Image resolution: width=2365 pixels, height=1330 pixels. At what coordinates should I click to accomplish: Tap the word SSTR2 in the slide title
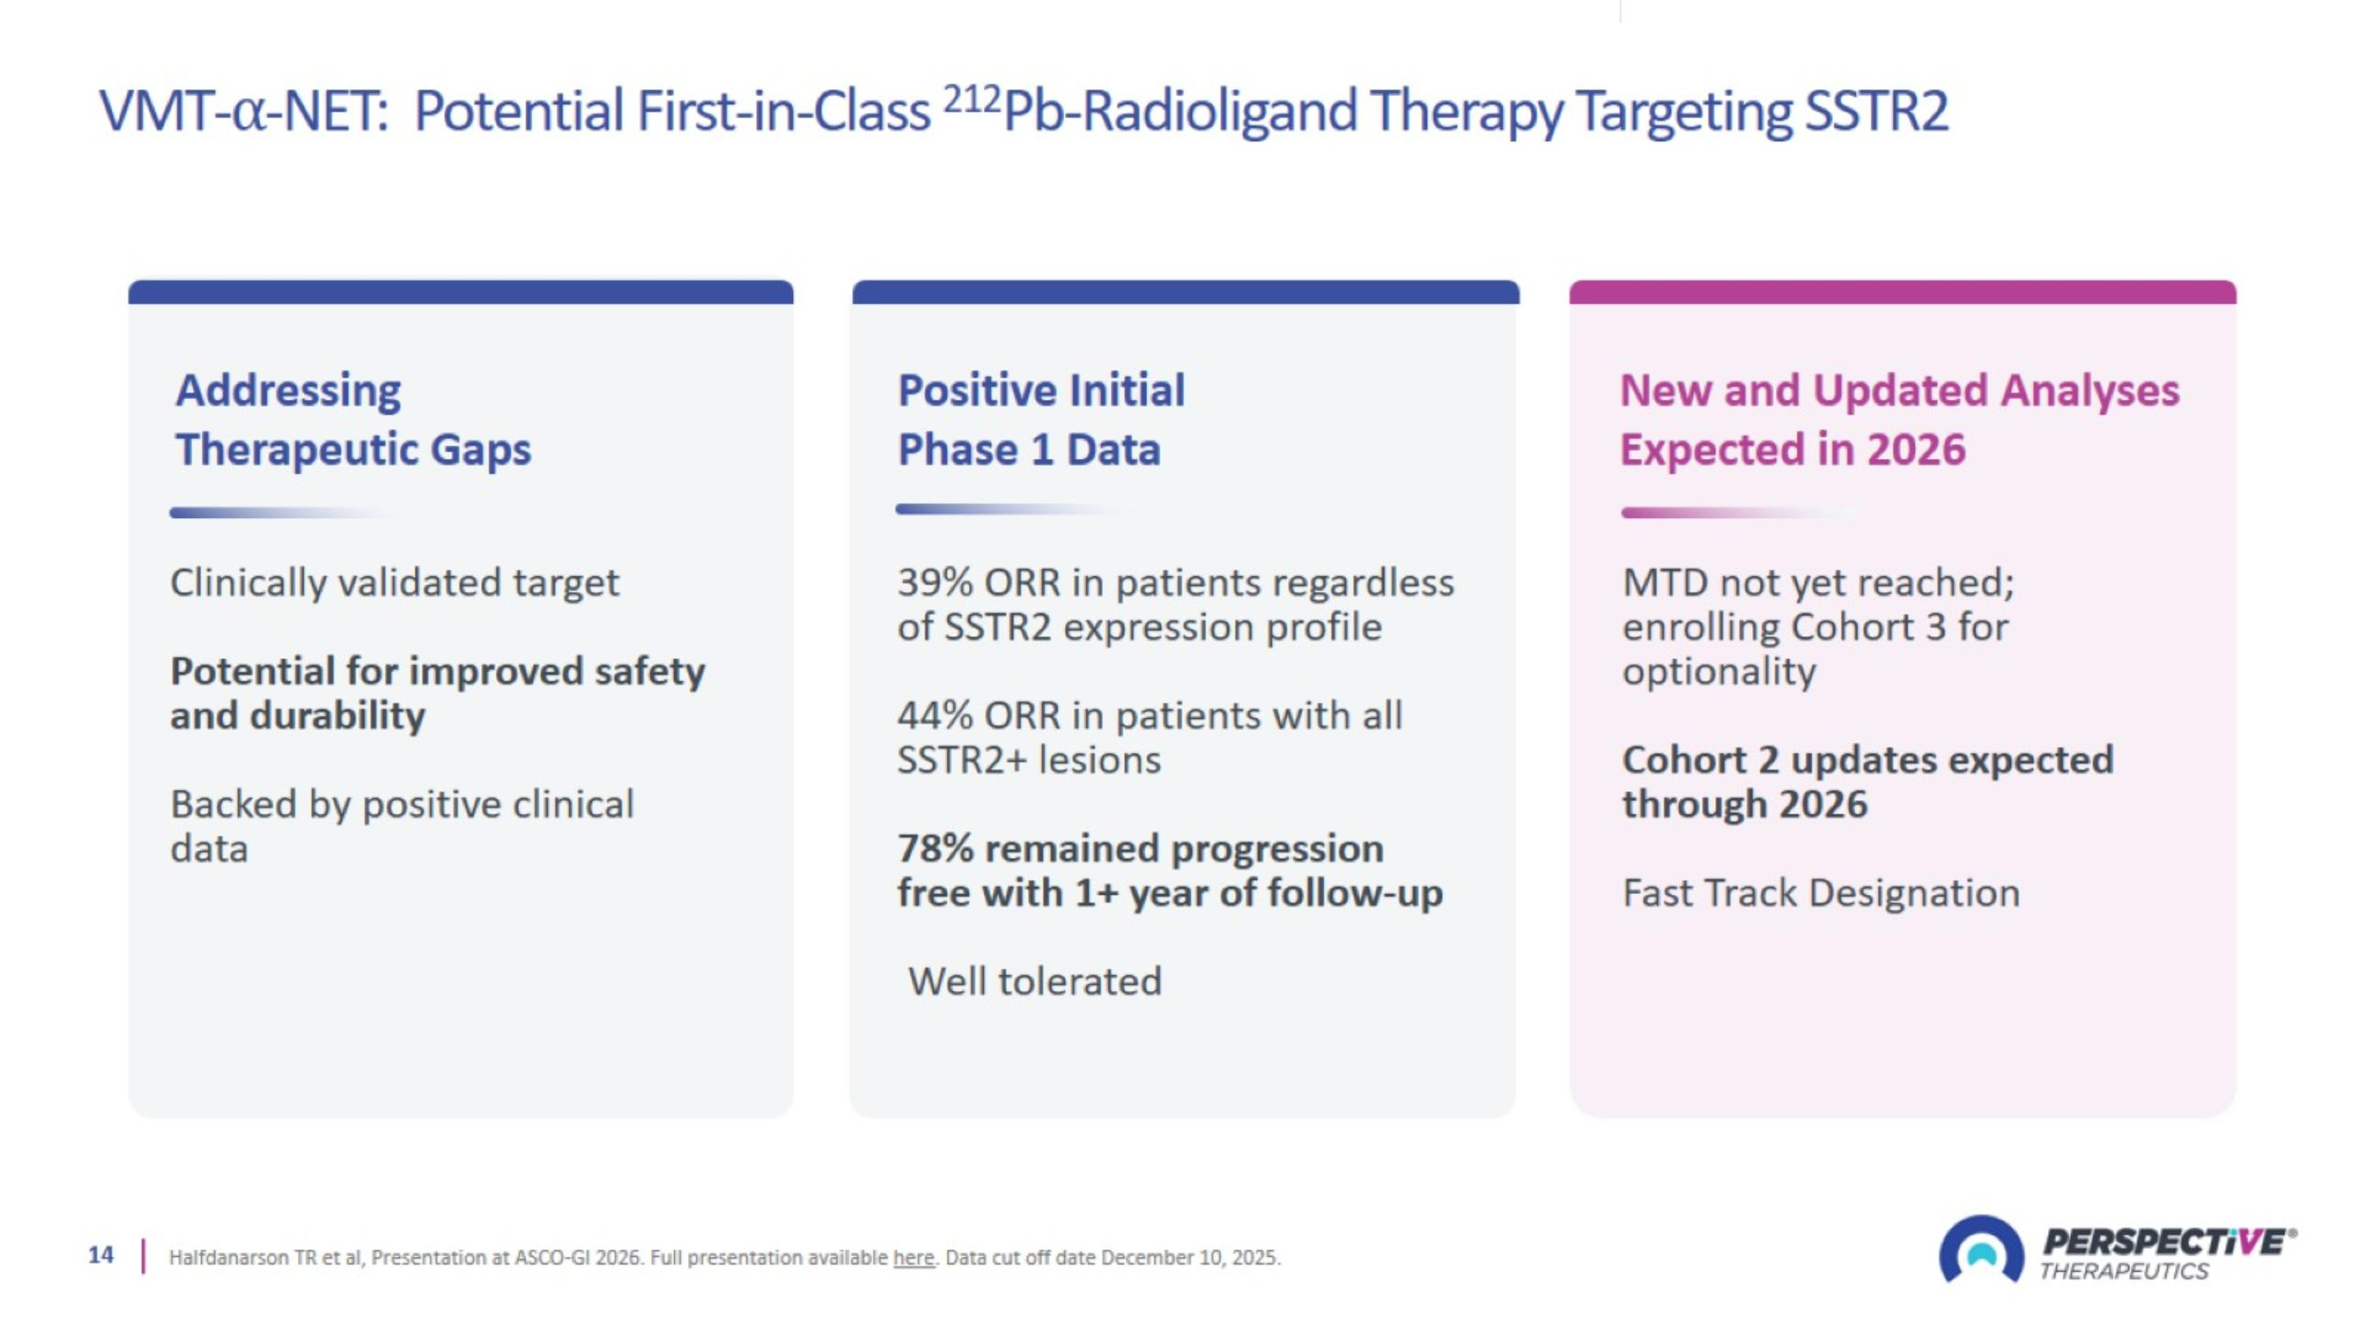tap(1875, 112)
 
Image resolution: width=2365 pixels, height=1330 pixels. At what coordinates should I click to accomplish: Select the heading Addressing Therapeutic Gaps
tap(353, 419)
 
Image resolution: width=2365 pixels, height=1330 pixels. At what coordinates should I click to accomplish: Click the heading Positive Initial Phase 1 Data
tap(1041, 419)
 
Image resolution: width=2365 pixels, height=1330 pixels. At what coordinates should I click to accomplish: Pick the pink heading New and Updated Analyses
tap(1898, 390)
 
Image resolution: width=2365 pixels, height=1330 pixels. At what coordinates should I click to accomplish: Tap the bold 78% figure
tap(935, 849)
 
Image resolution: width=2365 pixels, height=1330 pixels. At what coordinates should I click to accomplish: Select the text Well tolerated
tap(1034, 982)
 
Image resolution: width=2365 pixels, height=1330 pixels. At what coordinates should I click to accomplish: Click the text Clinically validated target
tap(395, 583)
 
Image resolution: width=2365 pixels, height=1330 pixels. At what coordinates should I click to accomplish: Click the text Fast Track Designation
tap(1820, 893)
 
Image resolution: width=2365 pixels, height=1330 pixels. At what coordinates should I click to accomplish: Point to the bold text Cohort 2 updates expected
tap(1868, 760)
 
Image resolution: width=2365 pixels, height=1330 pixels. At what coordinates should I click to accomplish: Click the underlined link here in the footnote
tap(913, 1257)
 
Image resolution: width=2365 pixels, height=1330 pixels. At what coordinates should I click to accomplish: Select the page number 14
tap(101, 1255)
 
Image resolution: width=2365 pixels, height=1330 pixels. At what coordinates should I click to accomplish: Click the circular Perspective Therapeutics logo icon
tap(1980, 1251)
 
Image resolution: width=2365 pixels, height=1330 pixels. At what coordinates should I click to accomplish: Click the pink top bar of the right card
tap(1902, 292)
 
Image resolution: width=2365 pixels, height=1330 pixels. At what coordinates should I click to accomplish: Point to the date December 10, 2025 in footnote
tap(1189, 1257)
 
